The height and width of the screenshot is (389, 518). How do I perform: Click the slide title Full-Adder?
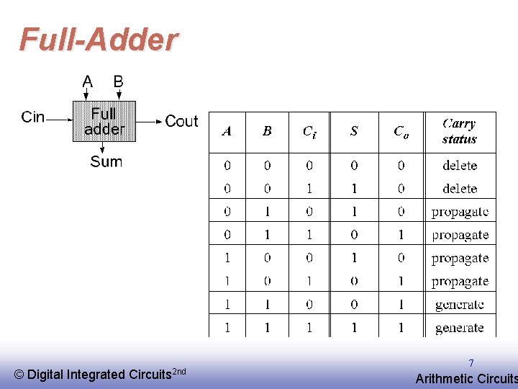99,40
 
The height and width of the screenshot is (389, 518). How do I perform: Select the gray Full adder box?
104,121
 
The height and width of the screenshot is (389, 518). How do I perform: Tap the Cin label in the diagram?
33,117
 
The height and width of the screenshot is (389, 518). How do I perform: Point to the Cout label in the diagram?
181,121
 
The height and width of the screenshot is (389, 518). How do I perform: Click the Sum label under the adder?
106,161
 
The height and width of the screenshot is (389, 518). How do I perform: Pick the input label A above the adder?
87,81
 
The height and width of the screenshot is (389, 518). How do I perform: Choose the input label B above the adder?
119,81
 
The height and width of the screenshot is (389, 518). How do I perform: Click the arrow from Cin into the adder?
60,120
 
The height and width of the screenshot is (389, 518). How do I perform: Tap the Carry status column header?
459,131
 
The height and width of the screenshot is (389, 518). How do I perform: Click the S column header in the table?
354,131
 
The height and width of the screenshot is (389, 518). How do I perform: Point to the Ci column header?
309,131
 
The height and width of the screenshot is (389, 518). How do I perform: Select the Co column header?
401,131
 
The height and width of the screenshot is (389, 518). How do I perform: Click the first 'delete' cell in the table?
460,165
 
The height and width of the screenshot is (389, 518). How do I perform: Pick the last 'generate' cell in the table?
460,328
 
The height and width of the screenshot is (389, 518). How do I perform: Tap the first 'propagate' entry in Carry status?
460,212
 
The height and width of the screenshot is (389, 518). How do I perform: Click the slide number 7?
471,364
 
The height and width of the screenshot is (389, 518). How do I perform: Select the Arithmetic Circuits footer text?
466,379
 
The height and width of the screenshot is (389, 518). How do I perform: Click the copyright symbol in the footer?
19,375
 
